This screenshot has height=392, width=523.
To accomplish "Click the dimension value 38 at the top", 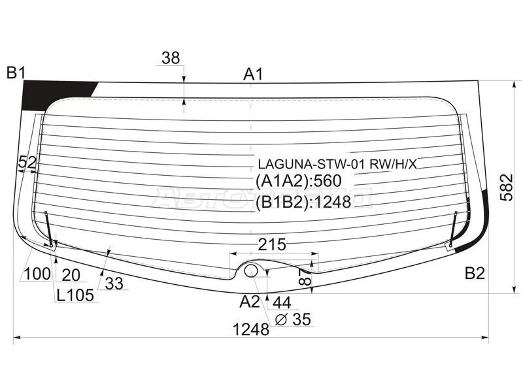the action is tap(171, 58).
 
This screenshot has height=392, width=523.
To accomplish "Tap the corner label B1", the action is tap(16, 73).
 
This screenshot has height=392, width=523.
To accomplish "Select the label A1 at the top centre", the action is tap(253, 74).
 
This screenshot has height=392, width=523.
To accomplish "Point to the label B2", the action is tap(475, 273).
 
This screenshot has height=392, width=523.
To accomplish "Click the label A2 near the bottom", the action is tap(250, 302).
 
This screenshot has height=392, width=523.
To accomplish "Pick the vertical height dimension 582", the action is tap(506, 187).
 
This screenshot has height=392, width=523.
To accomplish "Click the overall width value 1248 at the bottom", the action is tap(251, 330).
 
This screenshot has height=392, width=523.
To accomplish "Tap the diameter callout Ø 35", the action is tap(293, 319).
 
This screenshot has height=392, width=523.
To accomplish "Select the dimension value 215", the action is tap(272, 244).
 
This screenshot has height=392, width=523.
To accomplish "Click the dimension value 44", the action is tap(282, 302).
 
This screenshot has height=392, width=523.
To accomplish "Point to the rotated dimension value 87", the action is tap(305, 277).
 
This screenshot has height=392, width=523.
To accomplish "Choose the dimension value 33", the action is tap(114, 284).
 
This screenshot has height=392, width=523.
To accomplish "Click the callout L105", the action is tap(75, 295).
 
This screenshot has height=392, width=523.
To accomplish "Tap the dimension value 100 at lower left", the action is tap(37, 274).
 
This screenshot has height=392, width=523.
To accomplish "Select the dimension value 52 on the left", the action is tap(27, 162).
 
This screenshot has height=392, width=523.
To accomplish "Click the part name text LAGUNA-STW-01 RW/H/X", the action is tap(337, 164).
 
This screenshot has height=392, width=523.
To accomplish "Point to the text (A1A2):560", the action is tap(299, 181).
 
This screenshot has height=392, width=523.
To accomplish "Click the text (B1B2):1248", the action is tap(303, 202).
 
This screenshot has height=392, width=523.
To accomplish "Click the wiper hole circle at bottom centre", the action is tap(251, 270).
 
